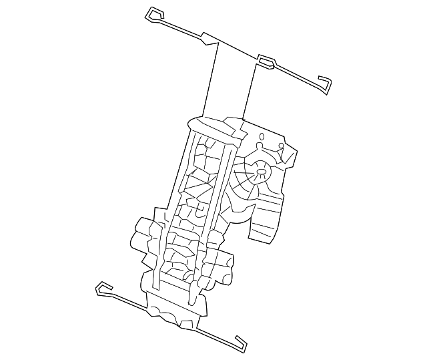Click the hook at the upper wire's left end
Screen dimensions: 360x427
[153, 13]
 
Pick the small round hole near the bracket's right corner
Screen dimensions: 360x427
[281, 146]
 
